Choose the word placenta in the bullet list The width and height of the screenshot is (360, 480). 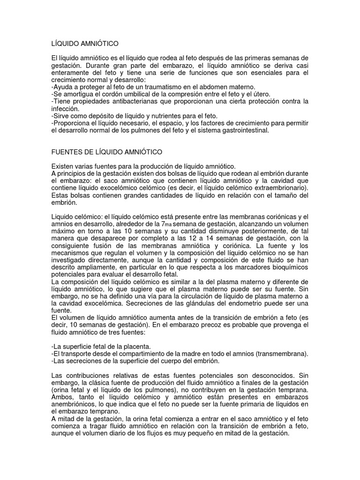(x=142, y=346)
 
